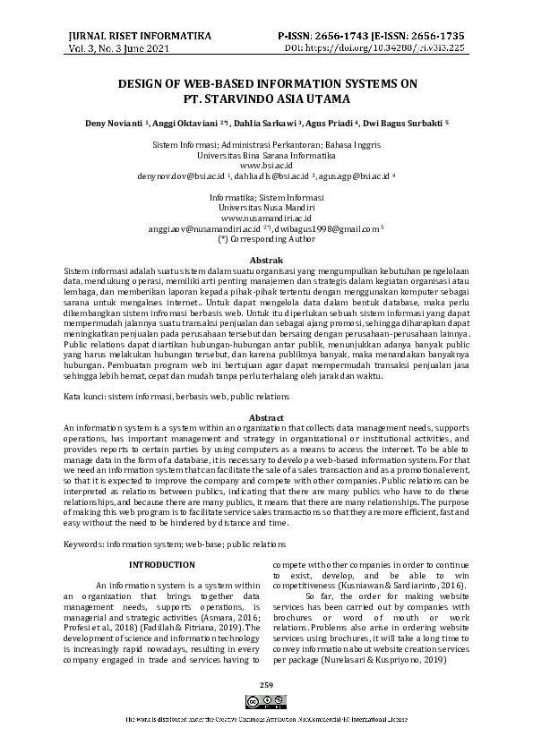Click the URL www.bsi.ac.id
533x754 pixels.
tap(266, 166)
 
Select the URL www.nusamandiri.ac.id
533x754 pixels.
tap(266, 218)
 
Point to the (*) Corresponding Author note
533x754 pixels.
tap(266, 239)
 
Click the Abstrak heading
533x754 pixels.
tap(266, 259)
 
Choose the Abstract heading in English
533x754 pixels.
tap(266, 418)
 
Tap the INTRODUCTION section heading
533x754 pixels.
tap(161, 564)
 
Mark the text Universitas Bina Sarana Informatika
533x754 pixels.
tap(266, 155)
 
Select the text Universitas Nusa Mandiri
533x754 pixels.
tap(266, 207)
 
